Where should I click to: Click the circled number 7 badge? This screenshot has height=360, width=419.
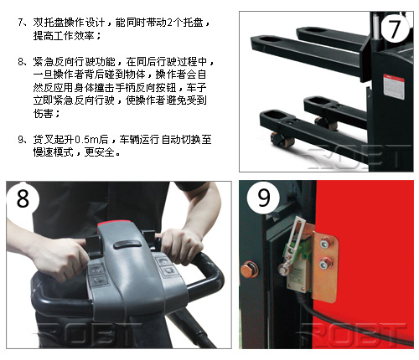[x=395, y=28]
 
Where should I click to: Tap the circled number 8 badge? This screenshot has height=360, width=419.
[x=23, y=198]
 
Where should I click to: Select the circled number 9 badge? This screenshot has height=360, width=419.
[x=263, y=197]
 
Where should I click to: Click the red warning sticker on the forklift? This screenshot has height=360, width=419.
[x=394, y=86]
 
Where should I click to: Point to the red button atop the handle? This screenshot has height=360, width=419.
[x=115, y=223]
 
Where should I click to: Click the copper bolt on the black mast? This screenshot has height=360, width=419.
[x=249, y=269]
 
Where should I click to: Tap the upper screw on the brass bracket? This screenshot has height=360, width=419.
[x=324, y=243]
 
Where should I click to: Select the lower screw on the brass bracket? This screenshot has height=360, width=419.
[x=324, y=263]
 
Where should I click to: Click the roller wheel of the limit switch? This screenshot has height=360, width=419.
[x=283, y=269]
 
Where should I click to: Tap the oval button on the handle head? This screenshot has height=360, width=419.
[x=127, y=244]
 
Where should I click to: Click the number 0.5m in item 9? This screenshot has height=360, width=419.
[x=87, y=139]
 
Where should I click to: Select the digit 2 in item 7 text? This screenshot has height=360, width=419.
[x=169, y=23]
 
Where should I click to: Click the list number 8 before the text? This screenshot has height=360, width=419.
[x=21, y=61]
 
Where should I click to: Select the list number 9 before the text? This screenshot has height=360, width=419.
[x=21, y=139]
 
